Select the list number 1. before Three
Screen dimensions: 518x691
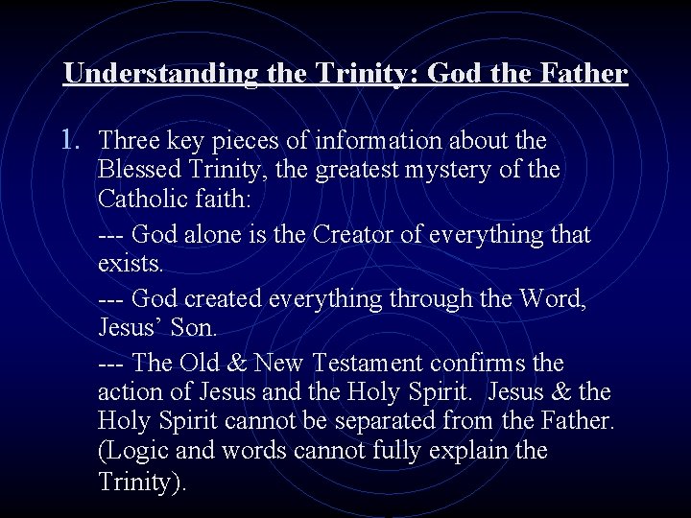[74, 141]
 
